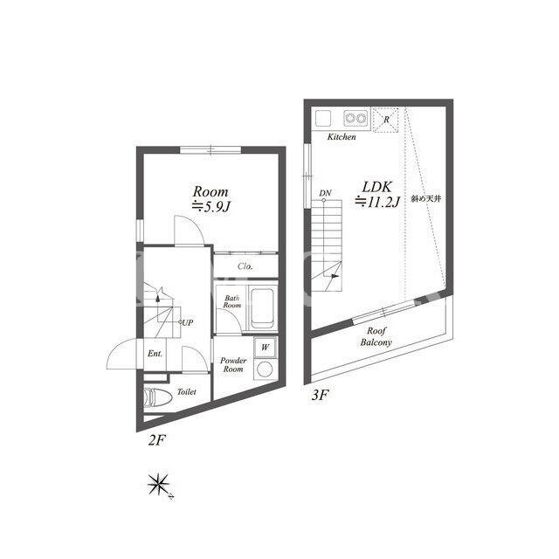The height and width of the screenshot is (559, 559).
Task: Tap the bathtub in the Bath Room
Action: [x=262, y=308]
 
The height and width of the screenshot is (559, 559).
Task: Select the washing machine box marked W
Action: [x=265, y=348]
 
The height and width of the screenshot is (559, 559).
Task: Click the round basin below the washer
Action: [x=265, y=369]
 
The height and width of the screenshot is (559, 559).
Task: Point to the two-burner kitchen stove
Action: [x=355, y=118]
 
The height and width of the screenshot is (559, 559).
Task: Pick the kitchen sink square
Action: [x=323, y=118]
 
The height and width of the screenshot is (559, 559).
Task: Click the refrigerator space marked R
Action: [x=385, y=120]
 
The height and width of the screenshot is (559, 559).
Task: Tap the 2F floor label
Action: [x=156, y=441]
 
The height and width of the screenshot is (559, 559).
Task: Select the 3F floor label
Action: [x=320, y=395]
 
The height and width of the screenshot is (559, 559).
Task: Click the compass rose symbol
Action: [x=159, y=485]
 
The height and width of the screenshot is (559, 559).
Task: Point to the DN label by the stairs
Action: [x=325, y=193]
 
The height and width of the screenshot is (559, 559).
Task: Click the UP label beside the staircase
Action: [x=188, y=322]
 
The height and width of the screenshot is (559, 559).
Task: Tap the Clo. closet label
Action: [x=245, y=266]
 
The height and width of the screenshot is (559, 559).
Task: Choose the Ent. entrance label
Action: [x=155, y=354]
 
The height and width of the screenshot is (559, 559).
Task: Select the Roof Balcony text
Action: [x=376, y=337]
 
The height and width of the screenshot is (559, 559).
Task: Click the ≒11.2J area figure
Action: [x=377, y=203]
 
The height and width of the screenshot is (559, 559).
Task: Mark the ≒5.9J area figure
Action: [x=210, y=206]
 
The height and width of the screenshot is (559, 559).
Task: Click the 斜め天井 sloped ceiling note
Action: [x=426, y=199]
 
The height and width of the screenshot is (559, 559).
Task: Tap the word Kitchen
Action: [x=342, y=137]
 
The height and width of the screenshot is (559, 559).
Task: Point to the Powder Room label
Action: [x=233, y=365]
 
